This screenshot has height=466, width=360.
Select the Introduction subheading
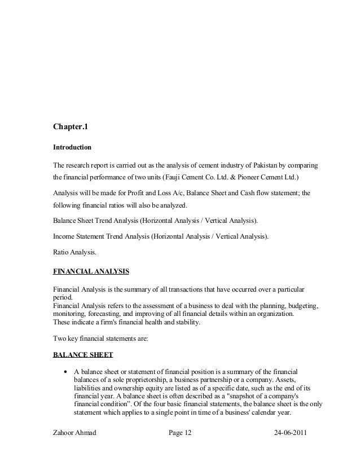(72, 147)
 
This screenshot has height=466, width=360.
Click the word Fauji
(174, 177)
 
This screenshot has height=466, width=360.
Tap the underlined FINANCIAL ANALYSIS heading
(91, 271)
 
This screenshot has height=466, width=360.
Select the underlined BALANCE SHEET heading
(82, 355)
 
